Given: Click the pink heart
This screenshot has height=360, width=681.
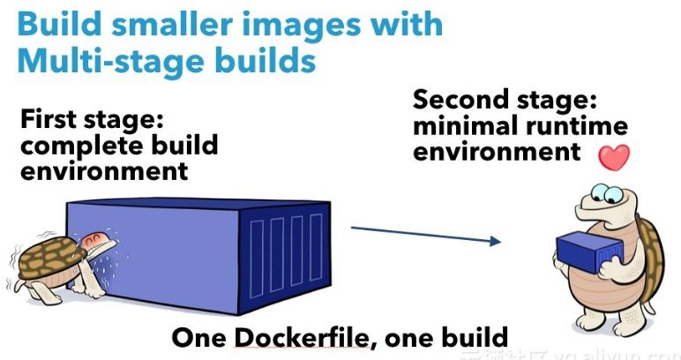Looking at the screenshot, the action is tap(615, 156).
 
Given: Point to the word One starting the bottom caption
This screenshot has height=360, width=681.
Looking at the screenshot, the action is tap(195, 337).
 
